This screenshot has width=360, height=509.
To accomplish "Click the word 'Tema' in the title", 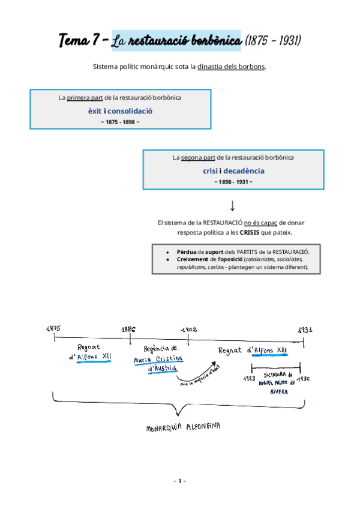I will click(73, 41).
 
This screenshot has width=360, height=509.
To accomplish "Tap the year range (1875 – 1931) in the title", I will click(273, 41).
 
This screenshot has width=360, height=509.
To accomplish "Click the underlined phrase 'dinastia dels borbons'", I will click(231, 67).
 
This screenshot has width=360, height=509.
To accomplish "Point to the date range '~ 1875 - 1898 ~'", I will click(121, 122).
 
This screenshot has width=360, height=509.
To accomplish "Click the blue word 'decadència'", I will click(244, 171).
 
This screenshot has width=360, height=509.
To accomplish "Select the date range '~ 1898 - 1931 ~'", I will click(233, 182).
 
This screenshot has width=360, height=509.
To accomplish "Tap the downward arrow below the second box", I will click(233, 206).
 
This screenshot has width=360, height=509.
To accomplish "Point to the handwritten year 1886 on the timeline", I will click(128, 330).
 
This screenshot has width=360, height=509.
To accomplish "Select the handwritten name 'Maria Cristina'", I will click(158, 359).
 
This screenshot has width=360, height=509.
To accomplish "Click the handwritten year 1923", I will click(249, 378).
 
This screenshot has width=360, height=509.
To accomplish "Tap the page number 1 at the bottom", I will click(179, 481).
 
